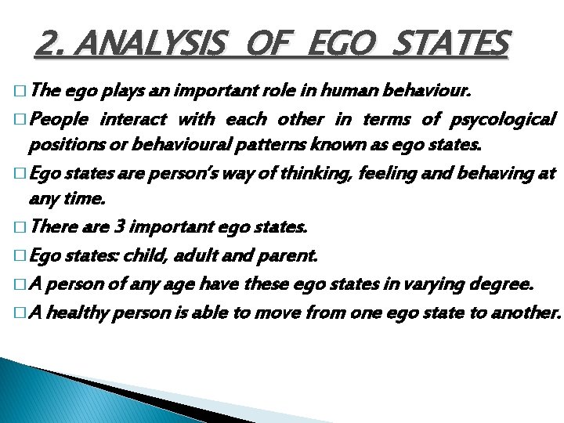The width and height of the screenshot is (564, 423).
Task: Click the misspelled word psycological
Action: [x=504, y=120]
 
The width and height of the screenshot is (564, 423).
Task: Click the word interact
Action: [x=133, y=120]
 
